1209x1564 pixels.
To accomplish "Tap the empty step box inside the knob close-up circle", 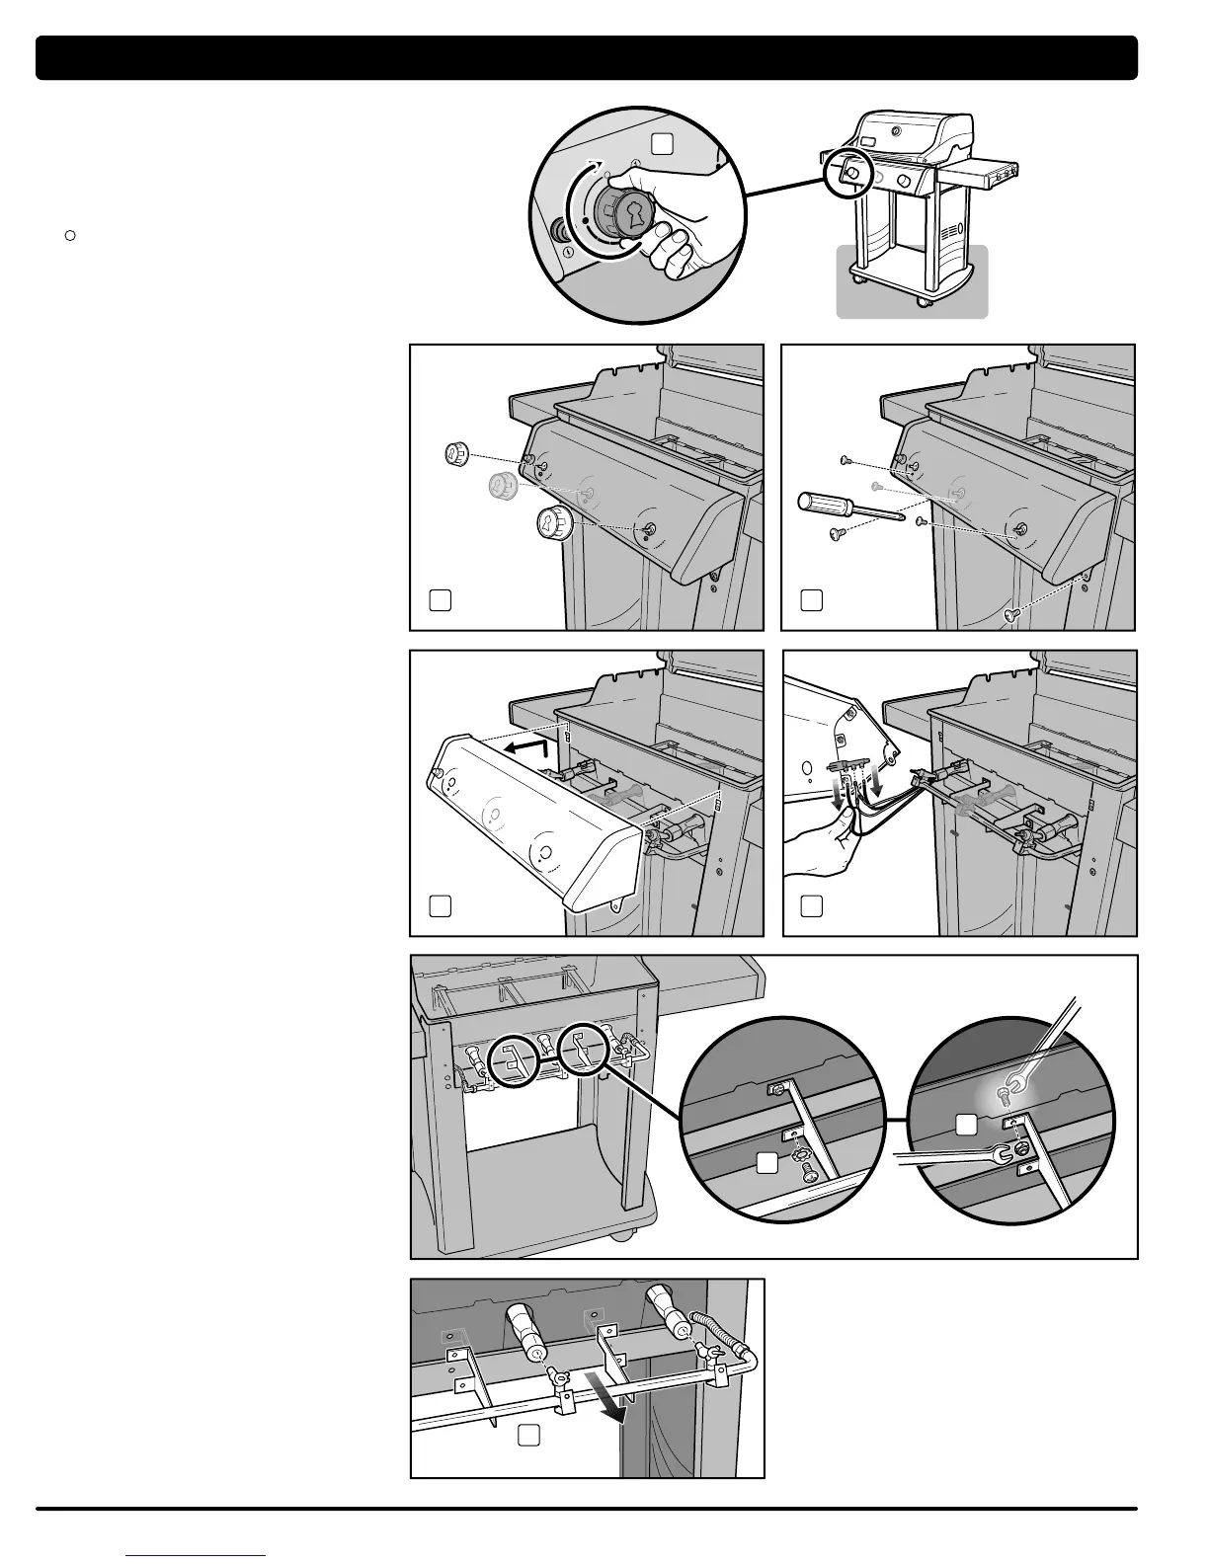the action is click(x=663, y=144).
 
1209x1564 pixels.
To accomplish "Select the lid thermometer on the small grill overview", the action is click(x=895, y=130).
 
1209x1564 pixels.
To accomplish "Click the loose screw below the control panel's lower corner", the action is click(x=1010, y=614).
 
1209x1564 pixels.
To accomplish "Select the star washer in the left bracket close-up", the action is click(x=793, y=1151).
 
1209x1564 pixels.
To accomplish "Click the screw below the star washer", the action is click(x=808, y=1172).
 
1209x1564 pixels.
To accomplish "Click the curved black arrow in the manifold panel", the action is click(x=612, y=1401).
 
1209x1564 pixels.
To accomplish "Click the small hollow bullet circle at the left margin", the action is click(x=70, y=235).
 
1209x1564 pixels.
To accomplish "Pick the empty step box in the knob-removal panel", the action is click(x=441, y=599).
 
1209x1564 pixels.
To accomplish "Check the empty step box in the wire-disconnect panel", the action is click(x=811, y=905).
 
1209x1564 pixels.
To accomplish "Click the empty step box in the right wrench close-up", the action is click(x=967, y=1124).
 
